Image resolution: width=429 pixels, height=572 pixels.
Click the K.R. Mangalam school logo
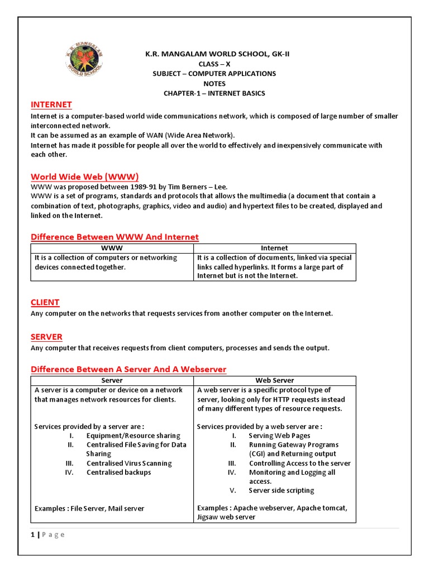82,62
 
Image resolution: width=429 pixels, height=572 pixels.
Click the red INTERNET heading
51,104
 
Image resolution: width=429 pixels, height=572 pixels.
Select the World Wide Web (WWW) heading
84,177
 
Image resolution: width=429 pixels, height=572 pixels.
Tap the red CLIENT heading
45,302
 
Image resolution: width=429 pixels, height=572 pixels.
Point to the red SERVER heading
46,337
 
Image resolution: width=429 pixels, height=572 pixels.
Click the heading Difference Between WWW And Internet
115,237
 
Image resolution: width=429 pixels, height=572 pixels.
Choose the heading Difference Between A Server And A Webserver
128,369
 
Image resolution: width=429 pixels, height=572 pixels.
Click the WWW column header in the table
112,248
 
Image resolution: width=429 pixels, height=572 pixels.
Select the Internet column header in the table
274,248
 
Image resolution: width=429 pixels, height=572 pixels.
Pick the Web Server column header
274,380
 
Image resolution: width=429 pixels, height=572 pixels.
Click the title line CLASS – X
214,64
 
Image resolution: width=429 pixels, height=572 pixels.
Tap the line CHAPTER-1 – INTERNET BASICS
214,93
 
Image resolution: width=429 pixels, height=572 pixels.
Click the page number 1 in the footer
32,535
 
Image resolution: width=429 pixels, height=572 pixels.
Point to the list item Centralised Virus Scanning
129,463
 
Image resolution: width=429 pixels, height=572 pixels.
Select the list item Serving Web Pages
279,436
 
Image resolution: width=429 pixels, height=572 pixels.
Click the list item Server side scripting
282,490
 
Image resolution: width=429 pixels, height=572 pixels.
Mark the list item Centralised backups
118,473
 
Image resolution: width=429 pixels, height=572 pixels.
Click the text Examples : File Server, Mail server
89,508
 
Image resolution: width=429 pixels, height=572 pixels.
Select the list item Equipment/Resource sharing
133,436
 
